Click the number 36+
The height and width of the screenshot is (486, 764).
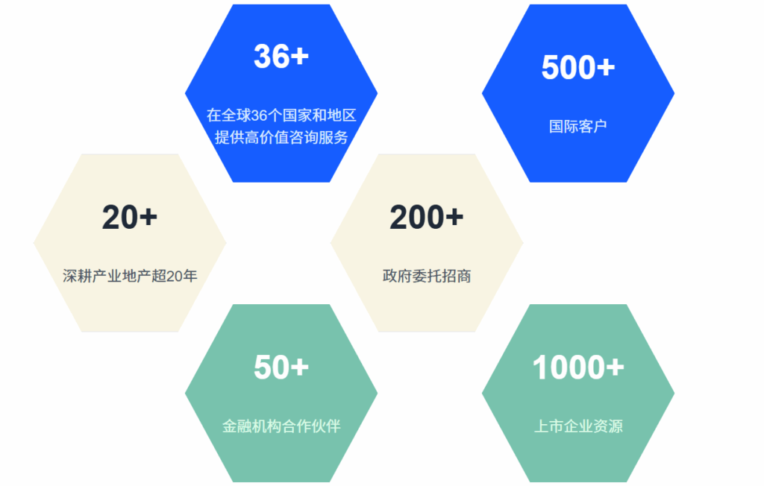tap(281, 56)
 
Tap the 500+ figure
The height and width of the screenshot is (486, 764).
tap(578, 67)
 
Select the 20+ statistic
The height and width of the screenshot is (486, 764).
tap(130, 217)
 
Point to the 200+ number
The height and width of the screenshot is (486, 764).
tap(426, 217)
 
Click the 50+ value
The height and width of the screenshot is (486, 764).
tap(281, 367)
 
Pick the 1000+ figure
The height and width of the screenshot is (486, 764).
tap(578, 367)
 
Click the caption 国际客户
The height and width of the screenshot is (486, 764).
tap(578, 126)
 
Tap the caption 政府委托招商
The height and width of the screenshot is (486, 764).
tap(426, 276)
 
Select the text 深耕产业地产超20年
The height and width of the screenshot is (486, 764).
tap(130, 276)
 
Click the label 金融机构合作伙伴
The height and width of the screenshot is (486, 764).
tap(281, 426)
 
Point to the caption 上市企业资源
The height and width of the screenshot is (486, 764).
tap(578, 426)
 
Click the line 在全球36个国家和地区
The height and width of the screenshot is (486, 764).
tap(281, 116)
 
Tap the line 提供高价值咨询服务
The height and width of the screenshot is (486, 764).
tap(281, 137)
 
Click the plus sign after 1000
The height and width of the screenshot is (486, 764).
tap(615, 367)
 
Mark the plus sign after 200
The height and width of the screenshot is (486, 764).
tap(454, 218)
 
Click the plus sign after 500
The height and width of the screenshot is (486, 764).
tap(606, 68)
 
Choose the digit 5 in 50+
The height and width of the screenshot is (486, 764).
tap(262, 367)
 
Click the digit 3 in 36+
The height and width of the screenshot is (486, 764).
tap(262, 56)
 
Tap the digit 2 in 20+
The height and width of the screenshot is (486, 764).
tap(111, 217)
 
